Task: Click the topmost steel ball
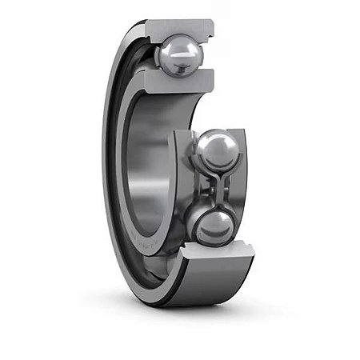tap(180, 56)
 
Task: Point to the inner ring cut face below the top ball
tap(182, 80)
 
